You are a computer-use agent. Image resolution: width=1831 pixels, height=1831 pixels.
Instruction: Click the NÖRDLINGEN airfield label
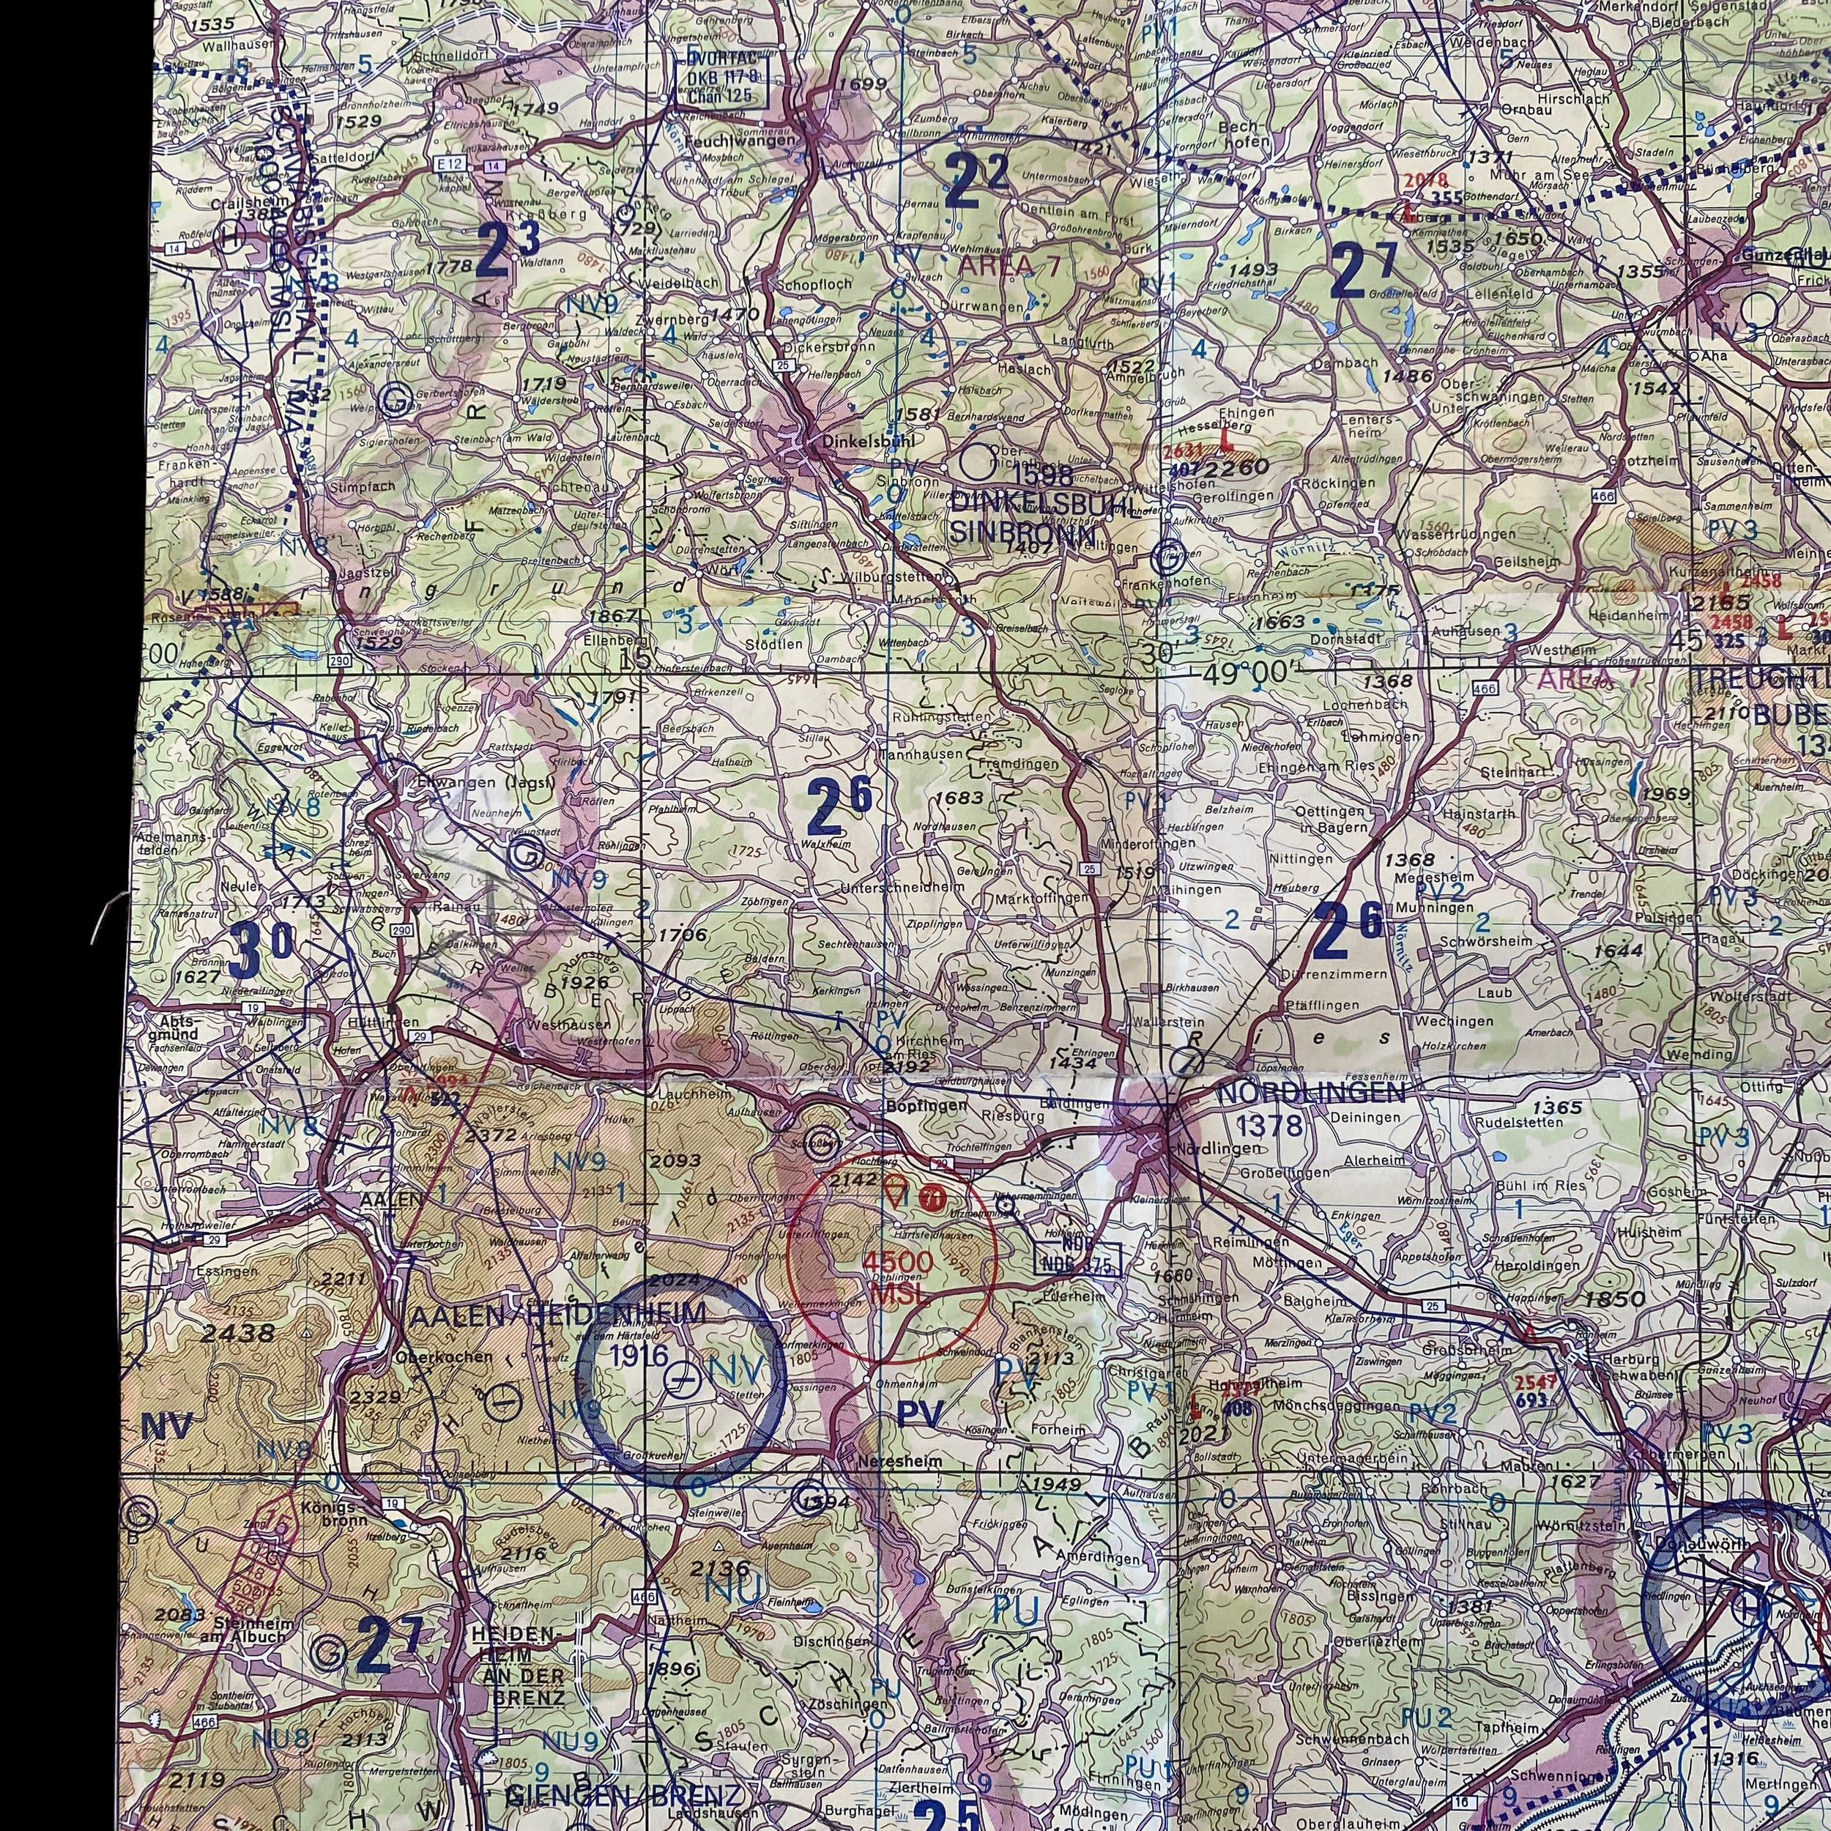coord(1311,1093)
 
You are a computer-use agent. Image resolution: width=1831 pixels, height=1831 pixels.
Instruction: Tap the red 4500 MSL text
coord(896,1274)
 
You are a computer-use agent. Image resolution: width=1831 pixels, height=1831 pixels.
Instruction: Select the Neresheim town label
coord(899,1460)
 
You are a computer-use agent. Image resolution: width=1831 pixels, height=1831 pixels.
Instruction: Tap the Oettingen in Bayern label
coord(1331,818)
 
